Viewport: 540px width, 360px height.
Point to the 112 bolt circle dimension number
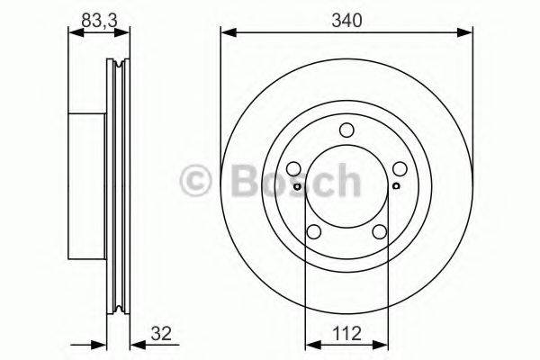pos(346,335)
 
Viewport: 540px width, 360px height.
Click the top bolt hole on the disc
pos(346,131)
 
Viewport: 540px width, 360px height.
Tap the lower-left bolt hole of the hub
pos(314,232)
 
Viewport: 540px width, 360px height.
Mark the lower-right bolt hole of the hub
pos(379,232)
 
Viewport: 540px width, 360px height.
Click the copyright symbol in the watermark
pos(193,181)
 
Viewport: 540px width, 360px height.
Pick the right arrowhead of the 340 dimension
pos(467,34)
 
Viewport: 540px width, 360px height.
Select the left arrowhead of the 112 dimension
pos(310,343)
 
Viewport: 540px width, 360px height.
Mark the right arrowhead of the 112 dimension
pos(381,343)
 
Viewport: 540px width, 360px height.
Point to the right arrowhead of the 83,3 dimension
pos(126,34)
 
